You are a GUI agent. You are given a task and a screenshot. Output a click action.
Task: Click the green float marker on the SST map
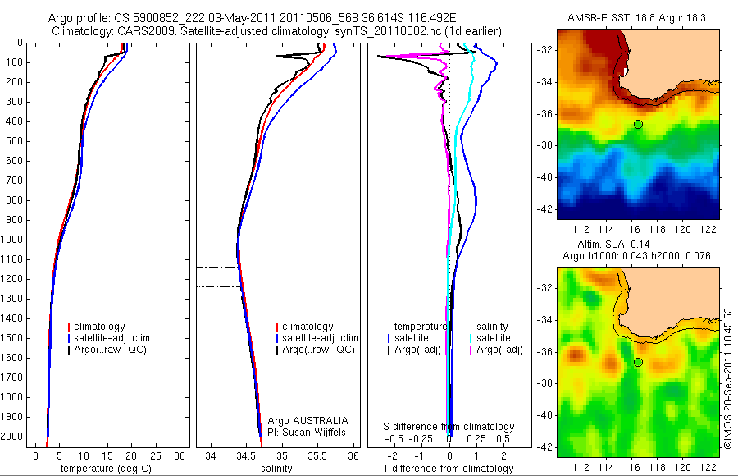pyautogui.click(x=638, y=124)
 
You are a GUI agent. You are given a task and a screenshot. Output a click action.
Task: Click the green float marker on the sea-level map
pyautogui.click(x=638, y=362)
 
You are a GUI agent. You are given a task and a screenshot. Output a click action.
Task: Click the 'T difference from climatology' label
pyautogui.click(x=449, y=469)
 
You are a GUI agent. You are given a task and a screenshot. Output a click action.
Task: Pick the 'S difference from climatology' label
pyautogui.click(x=449, y=427)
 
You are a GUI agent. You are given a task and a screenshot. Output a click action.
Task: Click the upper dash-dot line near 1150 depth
pyautogui.click(x=218, y=268)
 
